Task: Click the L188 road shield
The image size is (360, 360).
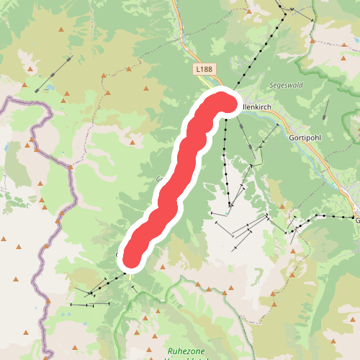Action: pyautogui.click(x=204, y=69)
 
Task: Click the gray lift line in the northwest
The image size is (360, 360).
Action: pyautogui.click(x=54, y=73)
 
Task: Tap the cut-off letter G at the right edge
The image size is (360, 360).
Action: pyautogui.click(x=356, y=221)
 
